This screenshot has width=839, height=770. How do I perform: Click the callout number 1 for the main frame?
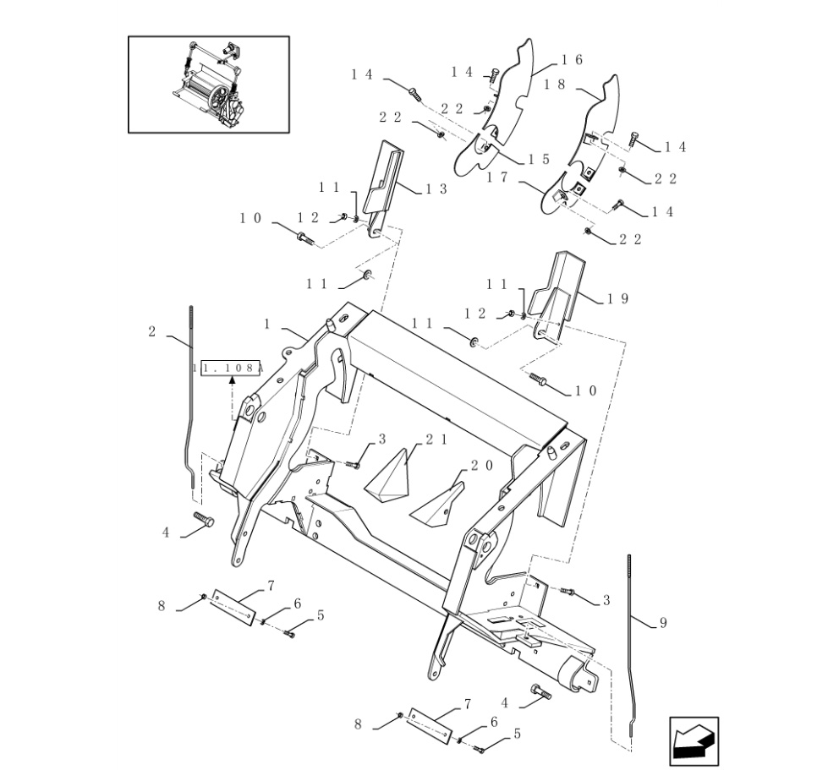[x=267, y=324]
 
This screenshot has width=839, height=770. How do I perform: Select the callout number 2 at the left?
[x=152, y=332]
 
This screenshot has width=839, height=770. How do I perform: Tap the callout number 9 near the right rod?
[x=663, y=623]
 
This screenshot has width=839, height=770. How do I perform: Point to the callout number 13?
[x=436, y=189]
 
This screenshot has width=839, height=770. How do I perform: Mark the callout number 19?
[x=618, y=299]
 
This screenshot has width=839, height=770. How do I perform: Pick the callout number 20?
[x=482, y=466]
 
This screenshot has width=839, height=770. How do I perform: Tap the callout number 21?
[x=436, y=440]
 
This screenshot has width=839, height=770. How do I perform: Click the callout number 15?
[x=540, y=159]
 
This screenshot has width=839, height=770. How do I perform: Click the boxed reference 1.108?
[x=230, y=369]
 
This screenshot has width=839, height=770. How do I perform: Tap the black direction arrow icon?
[x=694, y=741]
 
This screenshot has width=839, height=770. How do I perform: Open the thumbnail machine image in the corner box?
[x=209, y=84]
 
